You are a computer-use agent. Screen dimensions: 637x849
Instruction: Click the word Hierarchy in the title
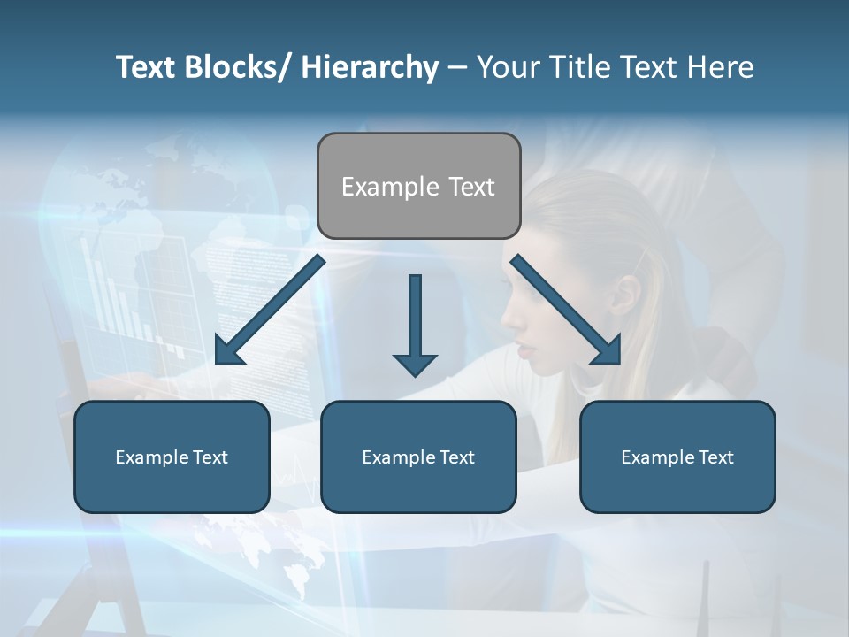tap(370, 67)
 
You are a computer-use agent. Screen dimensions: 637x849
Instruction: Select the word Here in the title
tap(720, 67)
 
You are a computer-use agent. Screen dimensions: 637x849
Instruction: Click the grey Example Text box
tap(418, 186)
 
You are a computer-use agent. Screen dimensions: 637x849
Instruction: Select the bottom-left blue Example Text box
tap(172, 457)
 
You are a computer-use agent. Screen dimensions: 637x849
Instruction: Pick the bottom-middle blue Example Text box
tap(418, 457)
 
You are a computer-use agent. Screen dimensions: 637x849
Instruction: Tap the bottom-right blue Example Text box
tap(677, 457)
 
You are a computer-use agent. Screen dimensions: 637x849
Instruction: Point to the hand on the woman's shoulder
tap(725, 354)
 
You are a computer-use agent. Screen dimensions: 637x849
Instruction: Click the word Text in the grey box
tap(470, 187)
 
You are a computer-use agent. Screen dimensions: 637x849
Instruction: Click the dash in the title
tap(457, 67)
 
